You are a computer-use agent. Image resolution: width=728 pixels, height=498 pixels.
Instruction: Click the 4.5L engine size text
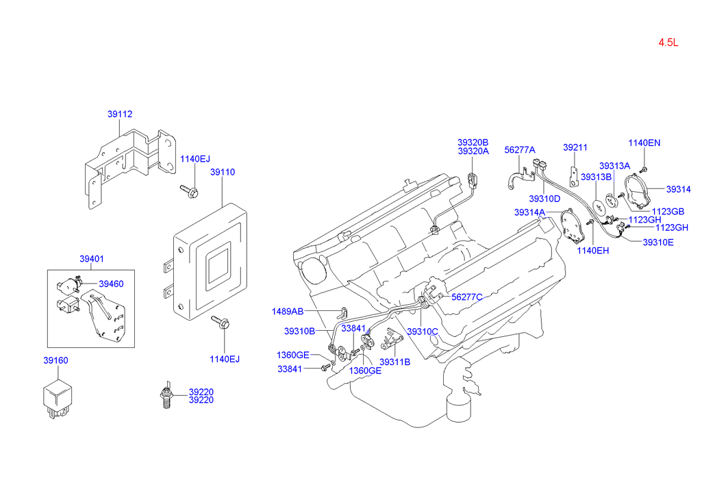click(668, 42)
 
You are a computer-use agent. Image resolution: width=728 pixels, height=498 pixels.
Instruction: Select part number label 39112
click(120, 114)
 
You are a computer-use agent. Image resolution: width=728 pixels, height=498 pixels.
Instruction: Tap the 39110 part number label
click(223, 172)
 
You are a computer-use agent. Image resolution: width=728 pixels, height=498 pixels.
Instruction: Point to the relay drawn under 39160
click(58, 398)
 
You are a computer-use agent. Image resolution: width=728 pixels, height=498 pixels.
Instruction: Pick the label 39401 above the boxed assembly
click(92, 259)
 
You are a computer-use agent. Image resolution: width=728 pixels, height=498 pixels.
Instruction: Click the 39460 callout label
click(111, 284)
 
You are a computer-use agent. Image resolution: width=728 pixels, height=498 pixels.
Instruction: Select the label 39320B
click(473, 143)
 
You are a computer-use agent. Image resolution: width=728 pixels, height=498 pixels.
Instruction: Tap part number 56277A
click(520, 149)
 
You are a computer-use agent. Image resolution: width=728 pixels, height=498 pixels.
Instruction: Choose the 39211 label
click(575, 147)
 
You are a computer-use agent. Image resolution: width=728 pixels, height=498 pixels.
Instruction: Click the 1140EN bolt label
click(644, 143)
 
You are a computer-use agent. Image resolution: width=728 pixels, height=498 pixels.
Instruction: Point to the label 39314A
click(529, 212)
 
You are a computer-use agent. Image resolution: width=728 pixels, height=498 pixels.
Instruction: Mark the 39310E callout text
click(658, 242)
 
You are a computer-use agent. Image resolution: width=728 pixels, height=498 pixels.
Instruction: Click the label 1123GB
click(668, 212)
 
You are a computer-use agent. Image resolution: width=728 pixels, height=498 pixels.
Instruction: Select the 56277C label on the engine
click(467, 297)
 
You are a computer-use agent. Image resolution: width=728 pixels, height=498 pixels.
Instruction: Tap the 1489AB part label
click(288, 311)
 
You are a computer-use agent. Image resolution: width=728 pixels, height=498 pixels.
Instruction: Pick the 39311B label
click(395, 362)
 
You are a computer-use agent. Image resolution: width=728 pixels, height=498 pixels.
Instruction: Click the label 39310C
click(423, 332)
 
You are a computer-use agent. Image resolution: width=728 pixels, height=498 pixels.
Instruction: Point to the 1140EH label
click(593, 251)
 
